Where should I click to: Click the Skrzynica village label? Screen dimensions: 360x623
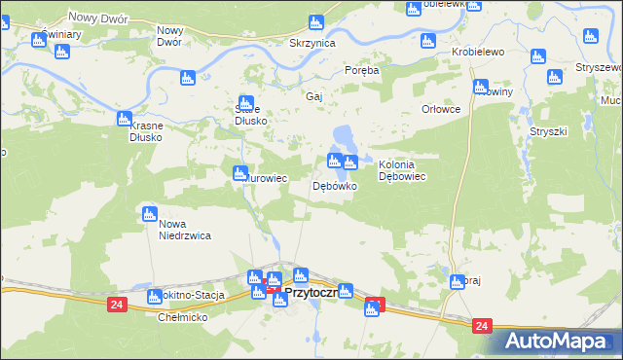coord(312,45)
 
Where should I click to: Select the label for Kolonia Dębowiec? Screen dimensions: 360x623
coord(404,170)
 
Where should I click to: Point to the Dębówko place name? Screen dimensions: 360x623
coord(334,185)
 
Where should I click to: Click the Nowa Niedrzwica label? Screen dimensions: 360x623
coord(186,229)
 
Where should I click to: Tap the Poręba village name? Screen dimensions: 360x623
coord(362,71)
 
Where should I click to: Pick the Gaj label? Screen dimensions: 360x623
coord(313,97)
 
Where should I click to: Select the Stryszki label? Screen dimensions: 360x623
coord(547,129)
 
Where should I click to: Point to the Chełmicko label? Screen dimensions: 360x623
coord(182,317)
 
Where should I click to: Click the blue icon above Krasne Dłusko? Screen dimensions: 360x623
coord(124,119)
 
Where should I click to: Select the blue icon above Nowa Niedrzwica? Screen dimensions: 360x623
coord(149,213)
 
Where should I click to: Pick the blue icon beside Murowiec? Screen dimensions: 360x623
coord(239,174)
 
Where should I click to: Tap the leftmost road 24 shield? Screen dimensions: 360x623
coord(117,304)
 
